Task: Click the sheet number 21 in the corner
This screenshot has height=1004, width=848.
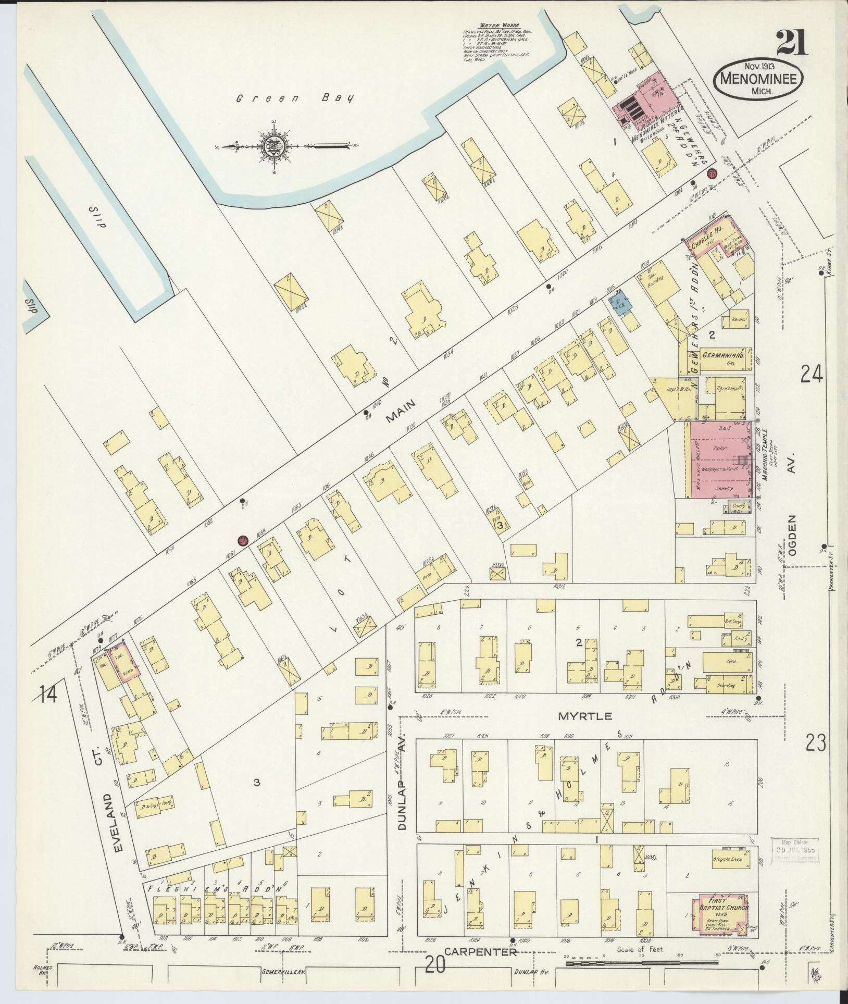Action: (791, 43)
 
